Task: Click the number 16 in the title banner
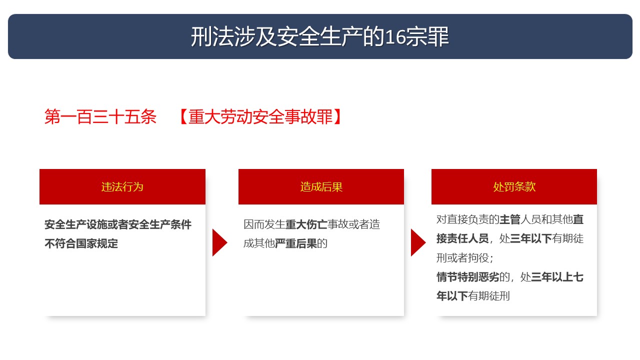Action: point(395,37)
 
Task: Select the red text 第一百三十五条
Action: point(100,116)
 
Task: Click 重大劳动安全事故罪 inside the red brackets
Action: point(260,116)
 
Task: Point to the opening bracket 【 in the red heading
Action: point(183,116)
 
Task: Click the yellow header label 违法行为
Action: point(122,187)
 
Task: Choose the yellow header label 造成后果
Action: point(321,187)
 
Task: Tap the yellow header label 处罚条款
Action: point(514,187)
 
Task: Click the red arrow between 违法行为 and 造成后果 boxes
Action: point(219,242)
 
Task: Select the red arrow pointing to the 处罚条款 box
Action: point(417,242)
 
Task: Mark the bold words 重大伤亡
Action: point(306,224)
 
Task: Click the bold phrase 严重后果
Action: point(295,243)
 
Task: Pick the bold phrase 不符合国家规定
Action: point(81,243)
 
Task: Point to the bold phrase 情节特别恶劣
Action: point(467,277)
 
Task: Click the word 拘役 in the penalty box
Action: point(478,258)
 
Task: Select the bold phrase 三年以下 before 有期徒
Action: point(531,238)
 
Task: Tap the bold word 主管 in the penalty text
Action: point(509,219)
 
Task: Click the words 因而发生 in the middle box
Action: point(264,224)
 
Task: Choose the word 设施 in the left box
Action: point(97,224)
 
